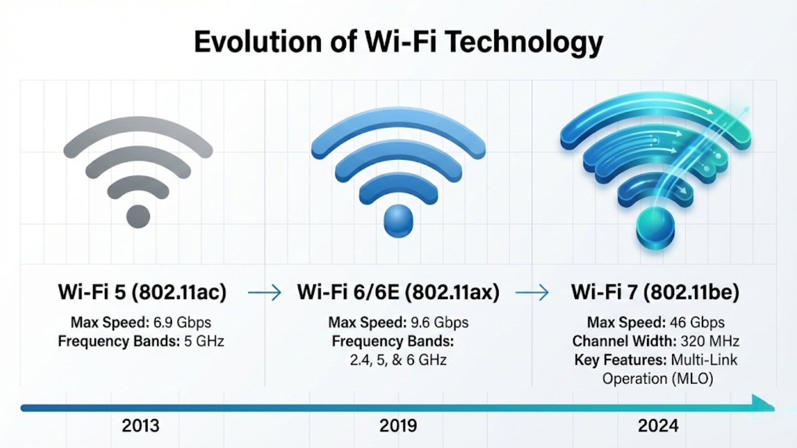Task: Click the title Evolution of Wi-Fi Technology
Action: click(x=398, y=43)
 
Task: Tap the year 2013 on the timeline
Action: click(x=141, y=426)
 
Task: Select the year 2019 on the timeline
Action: click(x=398, y=426)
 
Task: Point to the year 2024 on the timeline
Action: click(x=658, y=426)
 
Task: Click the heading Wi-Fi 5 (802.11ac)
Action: click(x=142, y=293)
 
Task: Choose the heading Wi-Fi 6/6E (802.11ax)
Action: click(x=398, y=293)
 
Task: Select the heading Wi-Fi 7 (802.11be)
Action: click(x=655, y=293)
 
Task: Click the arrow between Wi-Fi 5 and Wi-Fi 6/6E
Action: click(x=265, y=293)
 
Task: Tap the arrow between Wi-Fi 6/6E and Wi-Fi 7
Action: click(x=532, y=293)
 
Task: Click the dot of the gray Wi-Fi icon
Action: click(x=138, y=216)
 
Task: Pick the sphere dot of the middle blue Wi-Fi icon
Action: click(x=398, y=220)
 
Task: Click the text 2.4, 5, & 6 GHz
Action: click(x=398, y=360)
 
